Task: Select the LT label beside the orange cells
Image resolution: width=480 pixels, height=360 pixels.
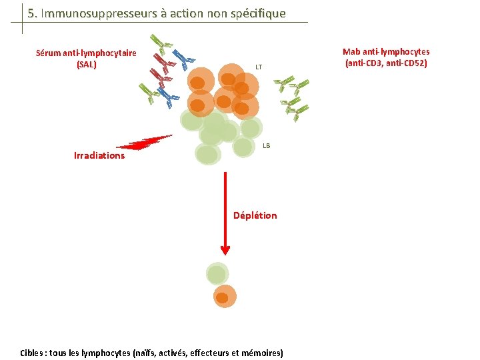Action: [x=259, y=67]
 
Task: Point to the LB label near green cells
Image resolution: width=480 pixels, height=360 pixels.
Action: [x=266, y=145]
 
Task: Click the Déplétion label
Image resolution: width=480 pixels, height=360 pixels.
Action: [x=255, y=215]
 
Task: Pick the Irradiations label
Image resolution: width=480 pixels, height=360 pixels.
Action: [x=99, y=155]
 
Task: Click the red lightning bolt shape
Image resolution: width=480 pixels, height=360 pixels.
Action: [x=145, y=142]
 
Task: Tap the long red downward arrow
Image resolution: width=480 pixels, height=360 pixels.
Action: [x=225, y=213]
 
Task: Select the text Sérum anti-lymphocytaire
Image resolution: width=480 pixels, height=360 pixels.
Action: [x=86, y=53]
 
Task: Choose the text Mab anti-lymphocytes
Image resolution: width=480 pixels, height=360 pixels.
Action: [x=386, y=52]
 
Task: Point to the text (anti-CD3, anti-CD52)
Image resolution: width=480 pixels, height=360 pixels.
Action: [x=386, y=63]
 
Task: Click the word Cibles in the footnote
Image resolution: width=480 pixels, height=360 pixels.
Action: [x=33, y=353]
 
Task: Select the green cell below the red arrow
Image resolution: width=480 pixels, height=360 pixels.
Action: [x=217, y=273]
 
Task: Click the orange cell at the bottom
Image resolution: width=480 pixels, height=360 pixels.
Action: [x=225, y=297]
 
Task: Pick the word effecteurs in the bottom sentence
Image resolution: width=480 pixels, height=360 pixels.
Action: [x=204, y=353]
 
